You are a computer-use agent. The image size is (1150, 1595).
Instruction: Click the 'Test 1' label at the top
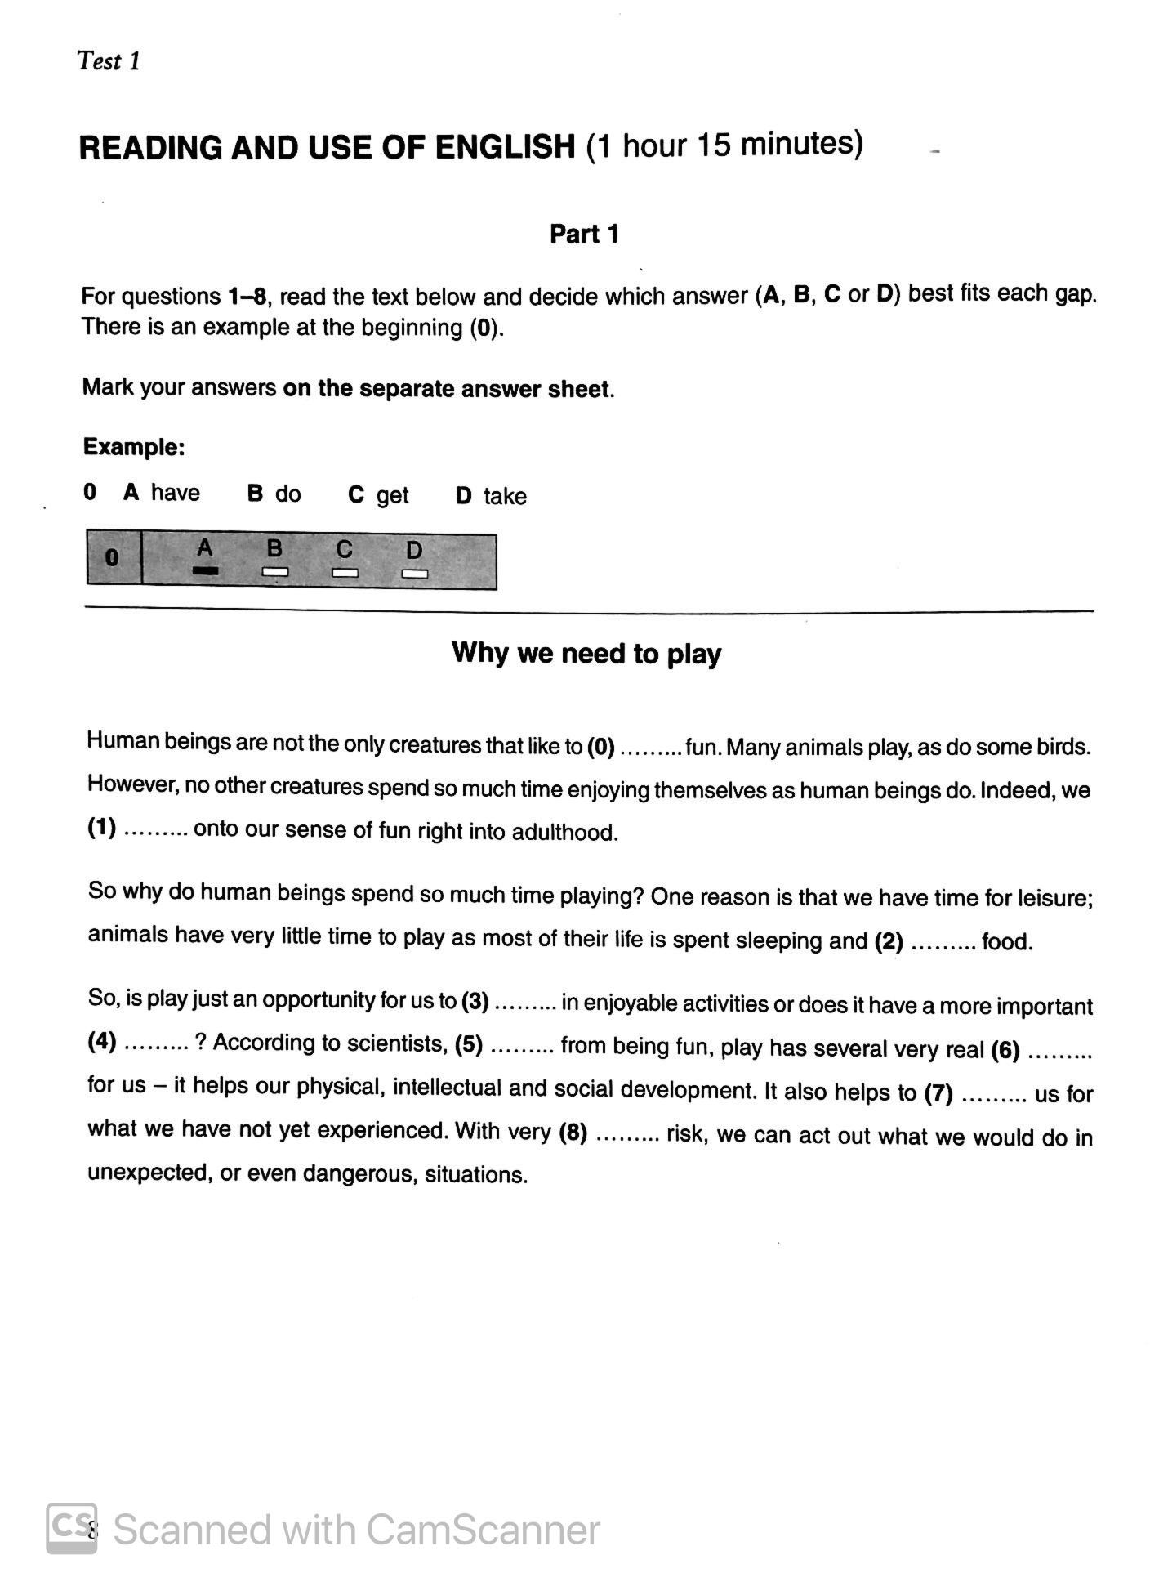coord(109,61)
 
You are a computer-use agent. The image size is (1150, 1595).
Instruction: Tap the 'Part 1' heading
coord(584,235)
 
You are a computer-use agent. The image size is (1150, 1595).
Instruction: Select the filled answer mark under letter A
coord(205,571)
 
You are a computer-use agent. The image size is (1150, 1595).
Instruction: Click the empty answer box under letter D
coord(415,573)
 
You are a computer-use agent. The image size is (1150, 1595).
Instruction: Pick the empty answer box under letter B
coord(275,572)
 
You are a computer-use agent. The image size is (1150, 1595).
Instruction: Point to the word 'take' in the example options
coord(505,496)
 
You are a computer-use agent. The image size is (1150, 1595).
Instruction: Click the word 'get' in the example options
coord(392,495)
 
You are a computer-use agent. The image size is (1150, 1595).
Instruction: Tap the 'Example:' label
coord(134,447)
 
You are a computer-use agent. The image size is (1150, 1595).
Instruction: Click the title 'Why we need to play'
coord(586,654)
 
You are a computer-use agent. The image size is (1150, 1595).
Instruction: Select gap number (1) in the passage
coord(102,828)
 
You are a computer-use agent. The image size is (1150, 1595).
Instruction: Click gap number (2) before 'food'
coord(889,941)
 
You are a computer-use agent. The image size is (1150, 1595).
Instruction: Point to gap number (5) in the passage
coord(469,1044)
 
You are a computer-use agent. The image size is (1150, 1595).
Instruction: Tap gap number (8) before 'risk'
coord(573,1133)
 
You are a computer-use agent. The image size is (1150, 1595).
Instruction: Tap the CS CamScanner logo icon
coord(72,1528)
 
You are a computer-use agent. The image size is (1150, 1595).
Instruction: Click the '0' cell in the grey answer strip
coord(113,559)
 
